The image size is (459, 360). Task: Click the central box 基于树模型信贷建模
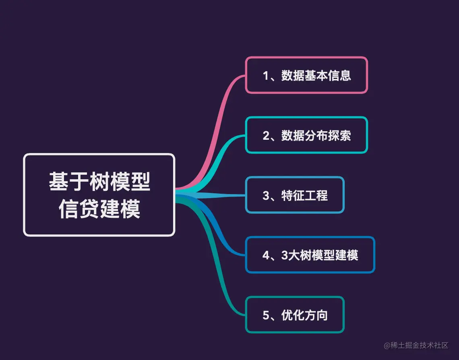click(99, 195)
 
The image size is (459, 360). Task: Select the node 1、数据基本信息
click(306, 75)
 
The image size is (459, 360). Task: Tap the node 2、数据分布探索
click(306, 135)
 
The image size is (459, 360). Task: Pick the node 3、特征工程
click(295, 195)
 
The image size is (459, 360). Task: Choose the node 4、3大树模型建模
click(310, 255)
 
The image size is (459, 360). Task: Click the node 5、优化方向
click(295, 315)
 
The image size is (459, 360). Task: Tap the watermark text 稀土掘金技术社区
click(419, 346)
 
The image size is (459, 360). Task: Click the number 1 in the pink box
click(266, 76)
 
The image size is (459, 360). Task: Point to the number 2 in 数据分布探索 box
click(266, 136)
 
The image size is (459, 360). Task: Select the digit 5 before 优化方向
click(266, 315)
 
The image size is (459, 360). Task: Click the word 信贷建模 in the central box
click(99, 209)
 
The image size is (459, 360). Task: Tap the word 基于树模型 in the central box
click(99, 182)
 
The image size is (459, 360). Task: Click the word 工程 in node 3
click(316, 195)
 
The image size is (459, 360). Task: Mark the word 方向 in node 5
click(316, 315)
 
